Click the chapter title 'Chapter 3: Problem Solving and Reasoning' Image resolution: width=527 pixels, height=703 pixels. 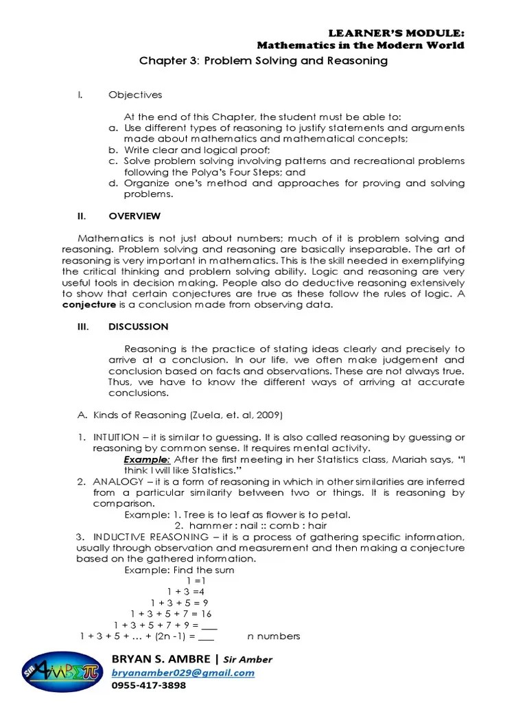[x=263, y=61]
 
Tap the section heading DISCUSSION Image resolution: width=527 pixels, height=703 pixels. [x=138, y=327]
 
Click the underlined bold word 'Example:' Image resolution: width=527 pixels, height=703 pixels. [x=147, y=459]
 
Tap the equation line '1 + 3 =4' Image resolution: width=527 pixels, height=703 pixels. [x=186, y=591]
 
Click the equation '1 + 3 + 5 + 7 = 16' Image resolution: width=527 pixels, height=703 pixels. [x=171, y=613]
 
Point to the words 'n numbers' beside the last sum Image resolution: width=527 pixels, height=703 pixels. [x=274, y=636]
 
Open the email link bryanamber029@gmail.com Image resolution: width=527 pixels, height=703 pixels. [x=183, y=673]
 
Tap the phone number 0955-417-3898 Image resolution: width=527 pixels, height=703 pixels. [x=149, y=685]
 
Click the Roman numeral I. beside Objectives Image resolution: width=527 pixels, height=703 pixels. [x=80, y=95]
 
